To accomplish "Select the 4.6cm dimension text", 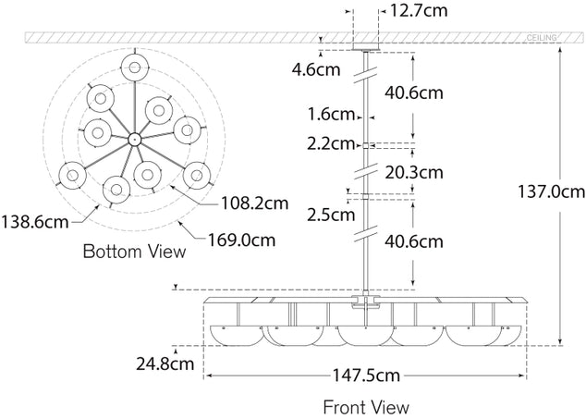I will tap(314, 69).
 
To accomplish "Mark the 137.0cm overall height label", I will tap(552, 192).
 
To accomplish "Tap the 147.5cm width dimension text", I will tap(367, 376).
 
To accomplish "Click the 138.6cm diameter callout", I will tap(34, 221).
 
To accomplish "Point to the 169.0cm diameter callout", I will tap(243, 240).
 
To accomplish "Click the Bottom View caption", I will tap(134, 251).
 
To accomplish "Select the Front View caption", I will tap(366, 406).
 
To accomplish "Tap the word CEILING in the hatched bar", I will tap(542, 36).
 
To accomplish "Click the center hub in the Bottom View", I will tap(134, 139).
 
